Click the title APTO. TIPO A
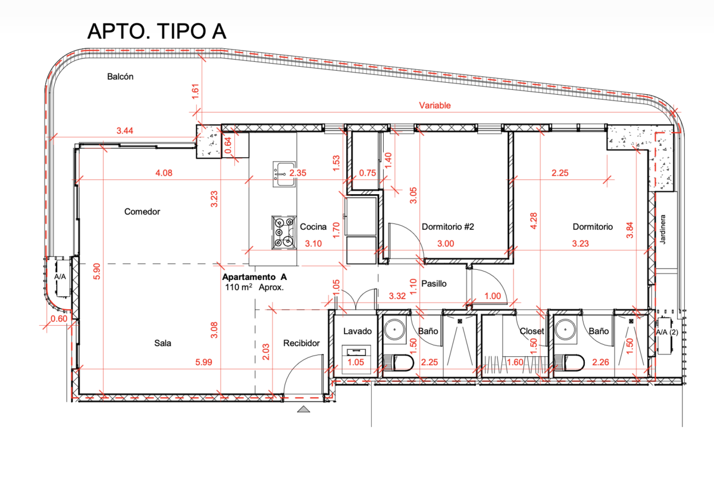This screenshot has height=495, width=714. coord(156,32)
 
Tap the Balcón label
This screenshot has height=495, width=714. coord(120,77)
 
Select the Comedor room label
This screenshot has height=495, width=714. coord(142,211)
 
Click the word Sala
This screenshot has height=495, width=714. coord(162,343)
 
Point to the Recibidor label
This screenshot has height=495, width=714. coord(301,343)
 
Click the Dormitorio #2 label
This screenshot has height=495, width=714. coord(448,226)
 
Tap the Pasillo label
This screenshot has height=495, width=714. coord(434,284)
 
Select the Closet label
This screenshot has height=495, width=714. coord(532,331)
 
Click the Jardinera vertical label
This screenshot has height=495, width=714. coord(663,229)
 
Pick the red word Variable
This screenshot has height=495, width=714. coord(435,105)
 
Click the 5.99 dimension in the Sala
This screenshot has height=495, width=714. coord(203,362)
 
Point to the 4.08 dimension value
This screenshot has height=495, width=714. coord(164,173)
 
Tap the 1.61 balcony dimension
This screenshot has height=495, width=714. coord(195,91)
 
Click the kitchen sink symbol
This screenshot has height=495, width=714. coord(284,174)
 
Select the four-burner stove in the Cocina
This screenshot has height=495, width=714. coord(283,232)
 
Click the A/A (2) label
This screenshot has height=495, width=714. coord(667,332)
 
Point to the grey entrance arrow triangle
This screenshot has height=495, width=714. coord(303,409)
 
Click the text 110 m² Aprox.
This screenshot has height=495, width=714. coord(255,287)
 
